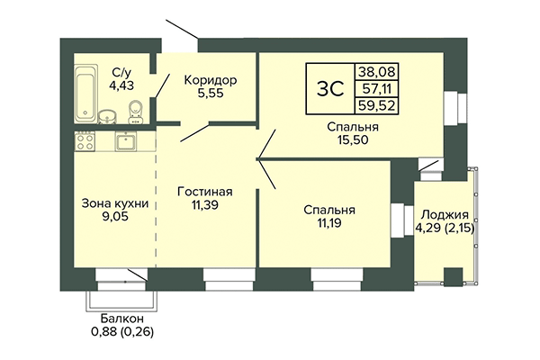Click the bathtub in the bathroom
pyautogui.click(x=85, y=84)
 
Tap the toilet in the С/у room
pyautogui.click(x=135, y=111)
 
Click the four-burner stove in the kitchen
pyautogui.click(x=85, y=140)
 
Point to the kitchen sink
pyautogui.click(x=126, y=141)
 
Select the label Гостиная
pyautogui.click(x=207, y=192)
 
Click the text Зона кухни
pyautogui.click(x=114, y=202)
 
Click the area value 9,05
pyautogui.click(x=114, y=217)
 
